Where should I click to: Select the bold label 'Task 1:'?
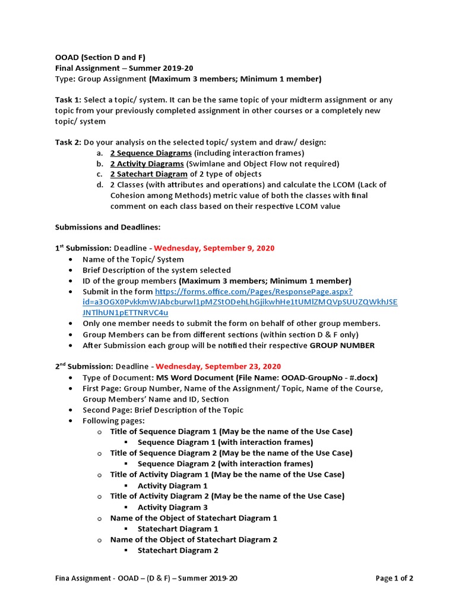[x=68, y=100]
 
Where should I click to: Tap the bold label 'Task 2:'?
[x=68, y=142]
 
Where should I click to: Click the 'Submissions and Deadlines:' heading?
[x=107, y=227]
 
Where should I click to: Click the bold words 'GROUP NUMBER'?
[x=343, y=346]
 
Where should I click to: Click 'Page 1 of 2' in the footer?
[x=395, y=578]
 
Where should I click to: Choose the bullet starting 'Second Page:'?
[x=163, y=410]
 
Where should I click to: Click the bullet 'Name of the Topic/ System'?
[x=133, y=259]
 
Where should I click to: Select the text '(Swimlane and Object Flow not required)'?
[x=262, y=164]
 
